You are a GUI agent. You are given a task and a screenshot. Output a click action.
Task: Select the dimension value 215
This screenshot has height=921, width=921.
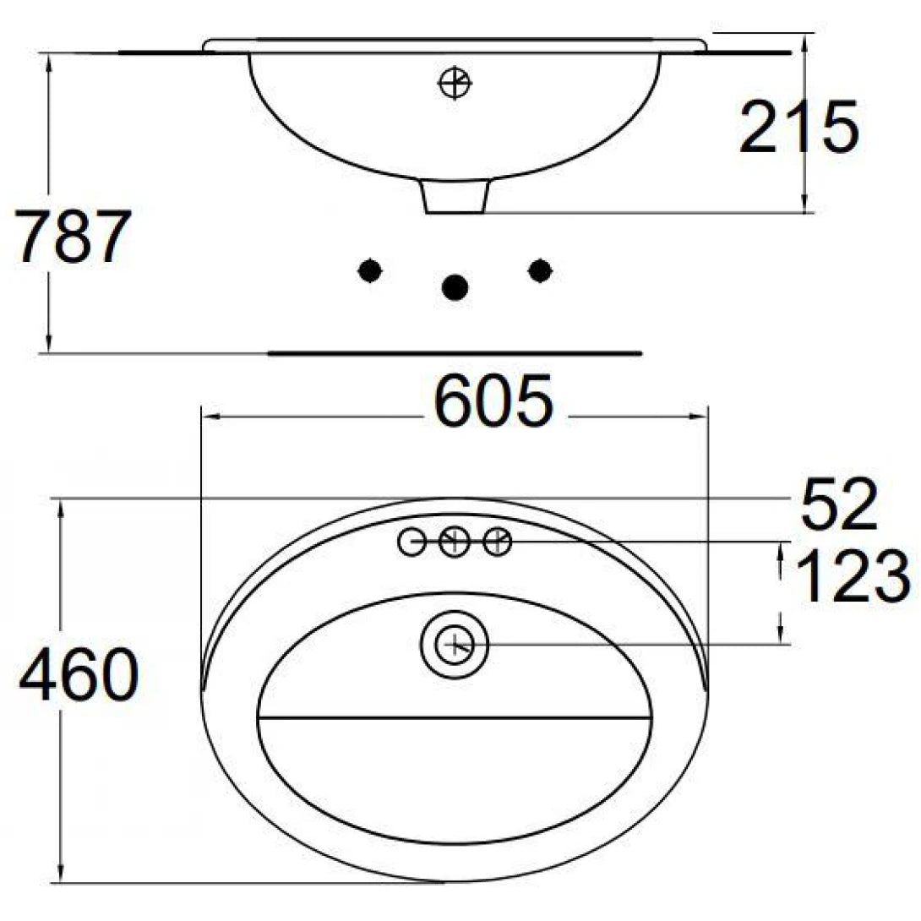coord(798,128)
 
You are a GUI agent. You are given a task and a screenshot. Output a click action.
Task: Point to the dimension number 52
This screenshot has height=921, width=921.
coord(839,506)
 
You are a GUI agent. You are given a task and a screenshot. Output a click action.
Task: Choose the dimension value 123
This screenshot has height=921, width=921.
coord(853,578)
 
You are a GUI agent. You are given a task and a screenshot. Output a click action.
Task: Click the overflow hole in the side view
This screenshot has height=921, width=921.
coord(455,84)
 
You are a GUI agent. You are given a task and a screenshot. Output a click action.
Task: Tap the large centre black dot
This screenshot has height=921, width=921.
coord(455,288)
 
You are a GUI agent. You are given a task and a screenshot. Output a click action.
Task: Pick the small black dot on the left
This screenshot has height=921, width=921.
coord(369,270)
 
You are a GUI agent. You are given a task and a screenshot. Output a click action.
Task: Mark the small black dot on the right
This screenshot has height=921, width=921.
coord(539,270)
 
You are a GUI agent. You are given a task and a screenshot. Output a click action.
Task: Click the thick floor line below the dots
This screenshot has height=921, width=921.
coord(455,352)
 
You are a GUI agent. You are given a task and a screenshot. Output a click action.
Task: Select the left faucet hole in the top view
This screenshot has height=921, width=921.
coord(411,542)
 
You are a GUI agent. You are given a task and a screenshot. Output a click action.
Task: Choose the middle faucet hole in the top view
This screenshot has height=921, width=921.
coord(455,541)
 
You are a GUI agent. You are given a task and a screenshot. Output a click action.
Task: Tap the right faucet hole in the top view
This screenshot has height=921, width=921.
coord(498,541)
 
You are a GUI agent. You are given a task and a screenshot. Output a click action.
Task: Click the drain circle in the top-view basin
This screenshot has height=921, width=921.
coord(455,646)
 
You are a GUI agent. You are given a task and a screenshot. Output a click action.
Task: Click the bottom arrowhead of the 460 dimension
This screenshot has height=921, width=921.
coord(61,875)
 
